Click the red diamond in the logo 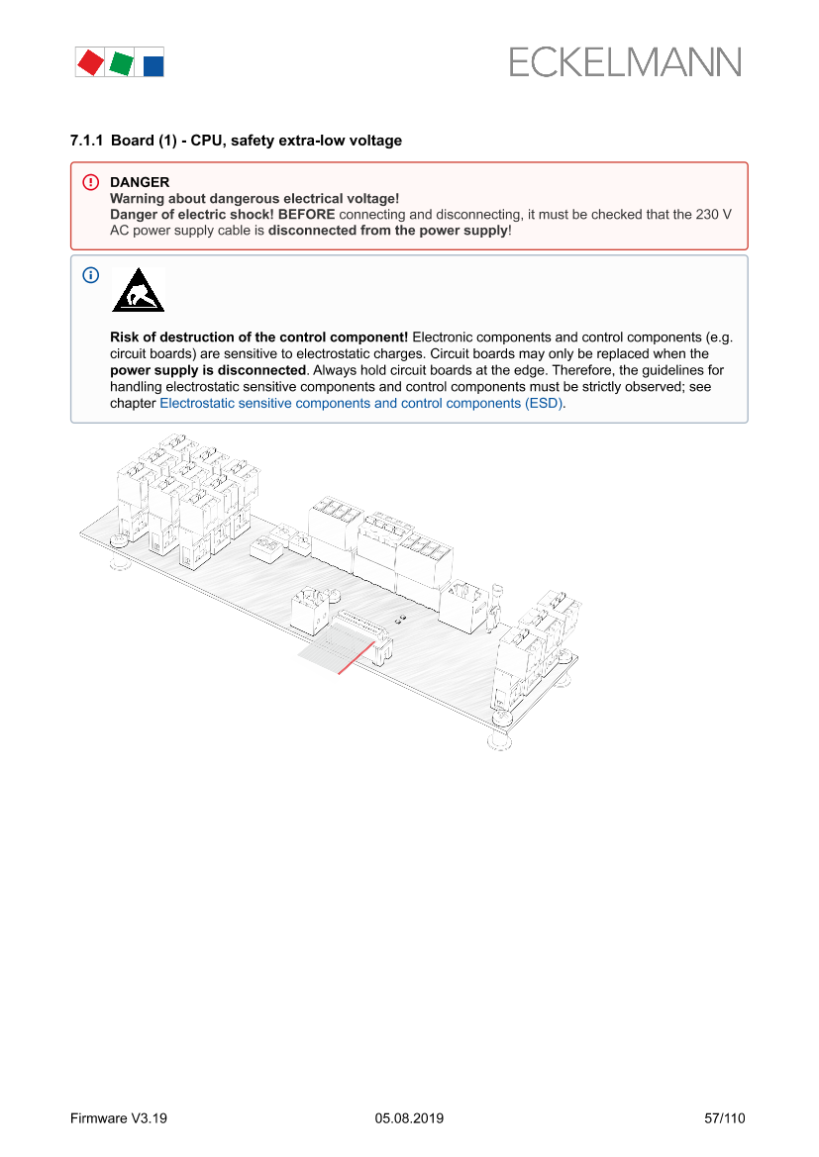pyautogui.click(x=90, y=62)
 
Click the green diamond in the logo pyautogui.click(x=122, y=63)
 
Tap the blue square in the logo pyautogui.click(x=154, y=65)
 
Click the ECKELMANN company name pyautogui.click(x=625, y=63)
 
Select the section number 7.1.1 pyautogui.click(x=86, y=141)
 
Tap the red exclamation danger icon pyautogui.click(x=91, y=182)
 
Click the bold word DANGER pyautogui.click(x=140, y=182)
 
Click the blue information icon pyautogui.click(x=91, y=275)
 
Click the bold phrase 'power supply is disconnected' pyautogui.click(x=208, y=369)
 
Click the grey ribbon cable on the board pyautogui.click(x=332, y=653)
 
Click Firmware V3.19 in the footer pyautogui.click(x=119, y=1118)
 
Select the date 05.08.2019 pyautogui.click(x=409, y=1118)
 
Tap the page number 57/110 pyautogui.click(x=724, y=1118)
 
